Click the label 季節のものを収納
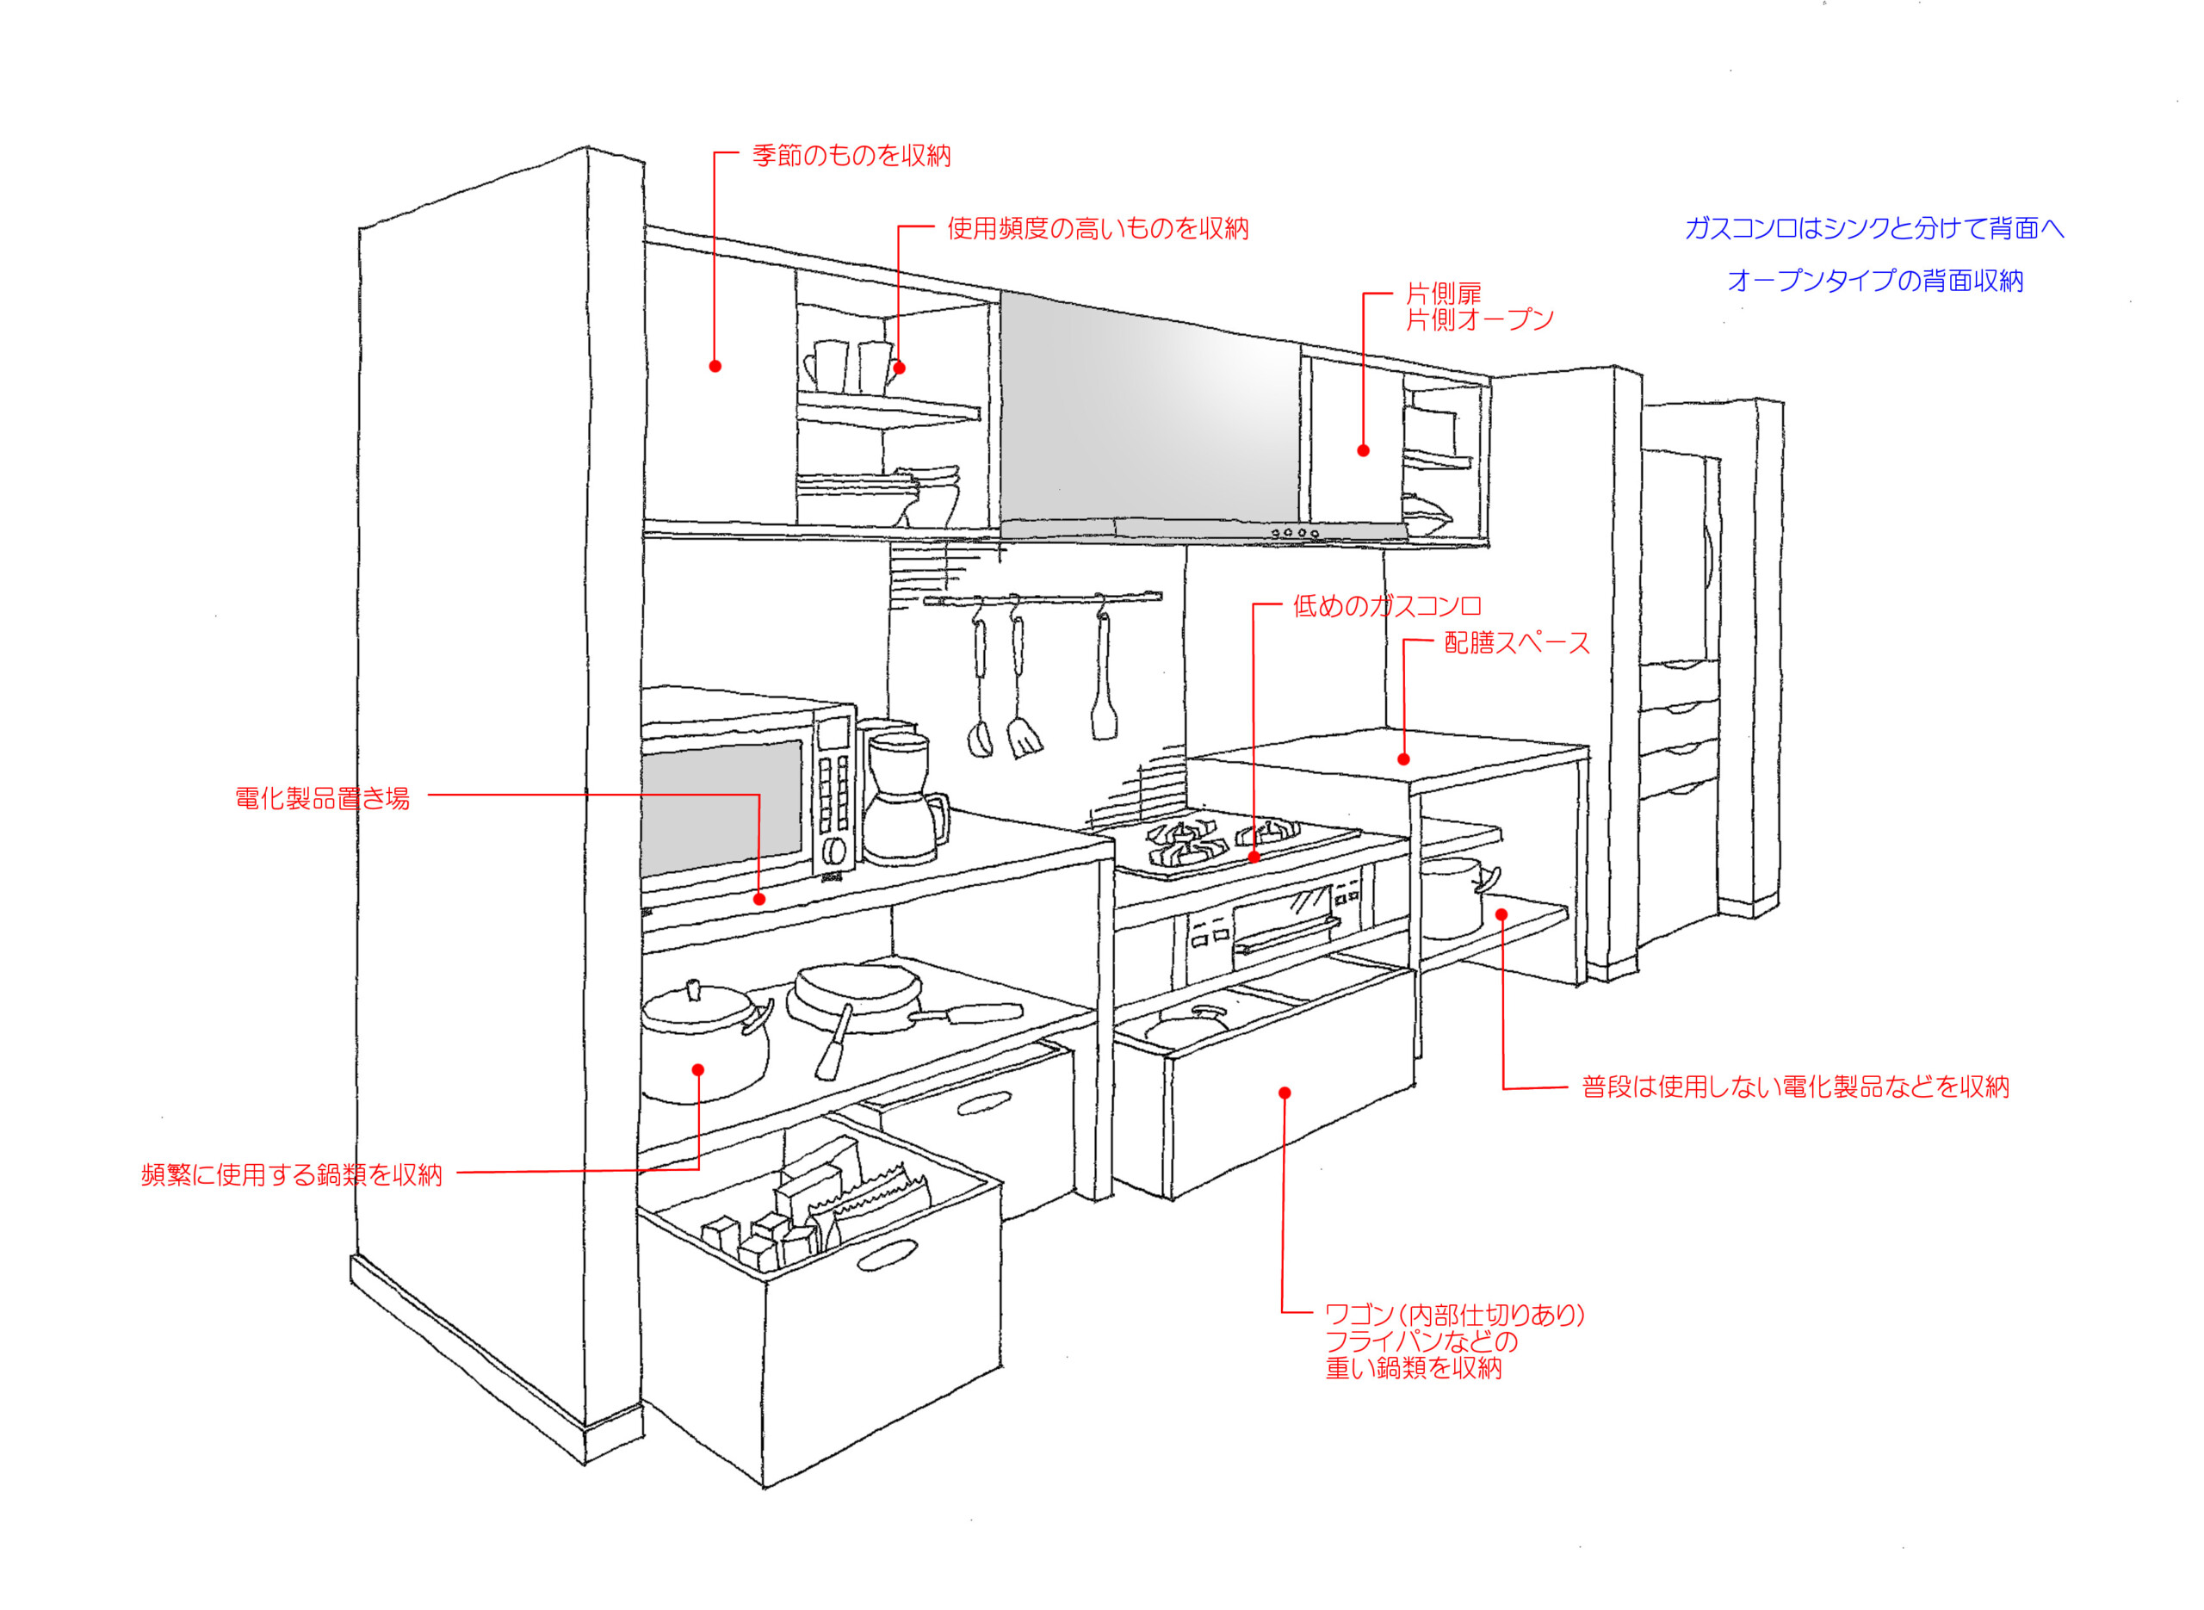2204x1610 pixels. [x=851, y=156]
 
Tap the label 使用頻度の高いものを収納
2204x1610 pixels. [x=1097, y=229]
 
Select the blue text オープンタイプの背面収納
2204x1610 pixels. [x=1874, y=281]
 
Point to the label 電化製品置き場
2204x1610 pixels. [x=323, y=798]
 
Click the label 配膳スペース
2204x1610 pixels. [x=1517, y=642]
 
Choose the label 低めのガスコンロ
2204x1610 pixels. [x=1386, y=606]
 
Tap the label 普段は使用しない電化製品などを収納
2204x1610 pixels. [x=1795, y=1087]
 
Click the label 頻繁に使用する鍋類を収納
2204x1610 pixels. [x=291, y=1174]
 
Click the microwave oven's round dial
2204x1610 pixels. [x=833, y=850]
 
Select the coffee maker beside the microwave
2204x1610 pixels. [x=902, y=797]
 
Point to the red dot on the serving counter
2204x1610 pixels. [x=1403, y=759]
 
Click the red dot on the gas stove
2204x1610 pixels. [x=1254, y=858]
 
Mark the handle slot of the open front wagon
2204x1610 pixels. [x=887, y=1255]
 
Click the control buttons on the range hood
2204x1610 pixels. [x=1295, y=533]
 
